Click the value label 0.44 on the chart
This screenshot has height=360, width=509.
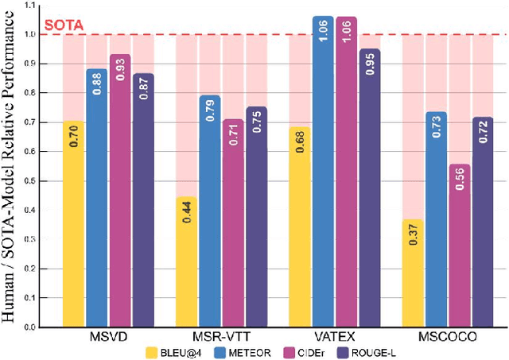(186, 211)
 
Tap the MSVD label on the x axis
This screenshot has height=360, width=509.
(108, 336)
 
